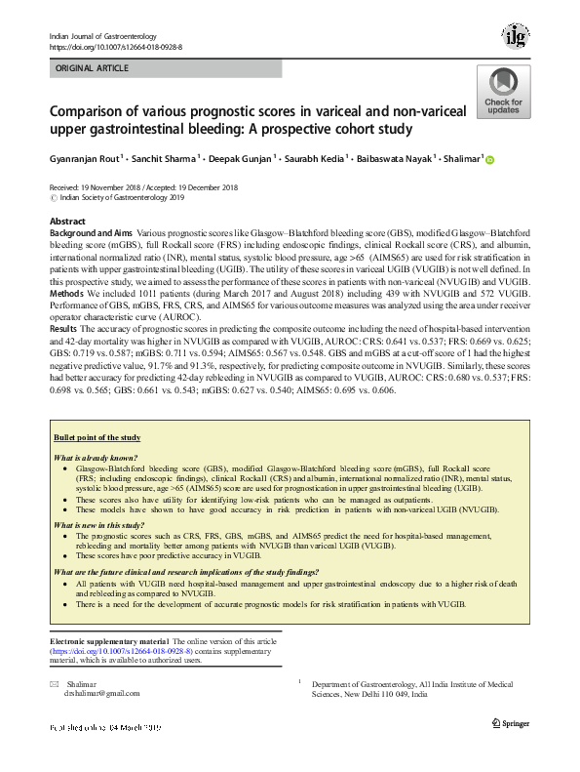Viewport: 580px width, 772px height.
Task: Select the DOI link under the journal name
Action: click(x=115, y=46)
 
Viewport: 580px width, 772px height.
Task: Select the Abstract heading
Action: click(x=66, y=223)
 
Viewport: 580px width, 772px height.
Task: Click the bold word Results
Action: click(x=65, y=331)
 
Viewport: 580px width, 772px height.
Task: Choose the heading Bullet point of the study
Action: click(x=97, y=438)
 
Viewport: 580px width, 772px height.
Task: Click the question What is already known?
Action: click(x=96, y=458)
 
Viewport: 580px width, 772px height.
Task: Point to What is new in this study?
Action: click(x=98, y=525)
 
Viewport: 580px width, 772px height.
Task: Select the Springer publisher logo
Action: click(x=510, y=722)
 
